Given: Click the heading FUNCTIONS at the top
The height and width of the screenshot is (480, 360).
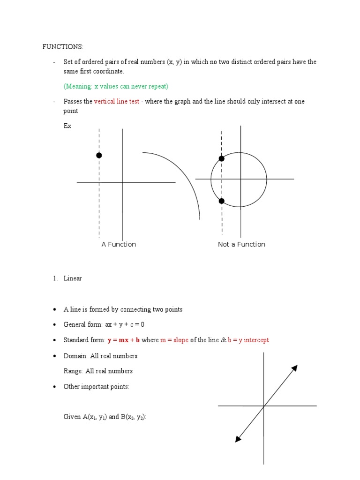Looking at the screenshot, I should coord(63,46).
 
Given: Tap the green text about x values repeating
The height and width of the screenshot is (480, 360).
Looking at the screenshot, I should coord(116,86).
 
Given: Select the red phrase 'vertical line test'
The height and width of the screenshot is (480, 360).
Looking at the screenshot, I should coord(117,101).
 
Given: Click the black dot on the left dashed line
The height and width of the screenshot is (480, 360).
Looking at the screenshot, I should coord(99,155).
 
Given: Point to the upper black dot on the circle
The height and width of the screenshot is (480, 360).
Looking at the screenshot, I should coord(222,158).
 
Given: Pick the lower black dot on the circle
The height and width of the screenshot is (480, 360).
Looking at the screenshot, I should coord(222,201).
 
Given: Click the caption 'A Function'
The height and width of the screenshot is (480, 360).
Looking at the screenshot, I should coord(119,244).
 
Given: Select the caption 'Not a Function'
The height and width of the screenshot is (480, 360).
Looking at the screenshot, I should coord(241,244).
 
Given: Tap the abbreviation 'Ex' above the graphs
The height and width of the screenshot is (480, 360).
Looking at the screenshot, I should coord(67,126).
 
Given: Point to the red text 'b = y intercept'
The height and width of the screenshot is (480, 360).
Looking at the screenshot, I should coord(248,340).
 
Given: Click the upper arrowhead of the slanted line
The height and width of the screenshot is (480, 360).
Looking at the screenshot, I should coord(294,367).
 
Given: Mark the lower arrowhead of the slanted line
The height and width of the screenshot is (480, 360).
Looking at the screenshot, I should coord(238,439).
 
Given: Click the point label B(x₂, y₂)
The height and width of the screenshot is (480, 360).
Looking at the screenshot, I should coord(132,417).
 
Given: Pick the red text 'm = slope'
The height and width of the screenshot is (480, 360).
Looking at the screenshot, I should coord(174,340).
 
